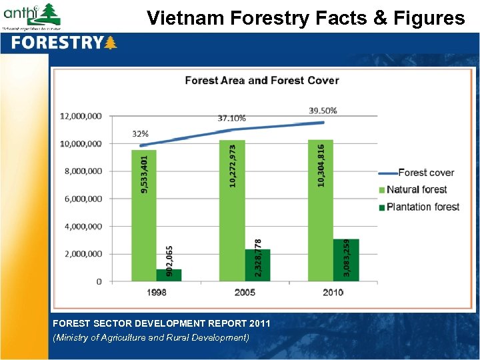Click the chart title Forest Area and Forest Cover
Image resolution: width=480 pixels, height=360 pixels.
coord(261,81)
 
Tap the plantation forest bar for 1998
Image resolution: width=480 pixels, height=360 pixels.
coord(169,275)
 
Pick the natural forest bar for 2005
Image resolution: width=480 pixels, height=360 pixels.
coord(231,210)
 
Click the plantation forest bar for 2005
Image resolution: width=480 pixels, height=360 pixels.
coord(257,265)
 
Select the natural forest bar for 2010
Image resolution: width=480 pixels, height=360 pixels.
coord(320,210)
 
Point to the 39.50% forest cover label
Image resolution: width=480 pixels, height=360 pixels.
coord(323,111)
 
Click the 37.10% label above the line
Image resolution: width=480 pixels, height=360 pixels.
coord(231,118)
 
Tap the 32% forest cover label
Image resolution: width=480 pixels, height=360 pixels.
coord(140,134)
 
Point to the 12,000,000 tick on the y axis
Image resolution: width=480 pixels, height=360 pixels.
coord(81,116)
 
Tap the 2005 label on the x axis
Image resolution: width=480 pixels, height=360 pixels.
coord(244,292)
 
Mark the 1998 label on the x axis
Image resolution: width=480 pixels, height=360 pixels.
coord(156,292)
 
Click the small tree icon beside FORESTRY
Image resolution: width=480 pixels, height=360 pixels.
coord(111,43)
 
